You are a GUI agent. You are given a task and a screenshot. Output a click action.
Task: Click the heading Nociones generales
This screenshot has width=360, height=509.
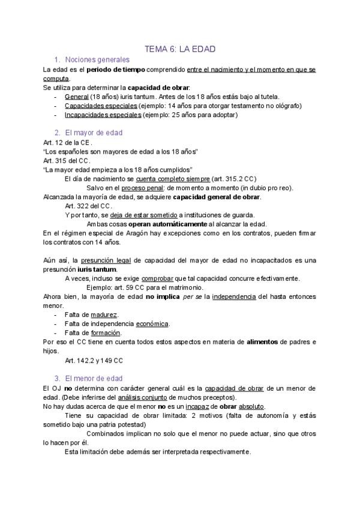tap(97, 60)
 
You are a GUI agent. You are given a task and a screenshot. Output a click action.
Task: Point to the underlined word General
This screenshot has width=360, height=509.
tap(76, 97)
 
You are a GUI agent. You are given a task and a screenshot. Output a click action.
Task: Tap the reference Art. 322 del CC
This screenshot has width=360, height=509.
tap(88, 206)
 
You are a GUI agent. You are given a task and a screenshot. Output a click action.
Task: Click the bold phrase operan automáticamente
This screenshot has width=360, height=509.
tap(167, 224)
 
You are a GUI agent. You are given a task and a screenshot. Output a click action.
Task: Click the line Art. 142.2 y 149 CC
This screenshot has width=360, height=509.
tap(94, 360)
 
